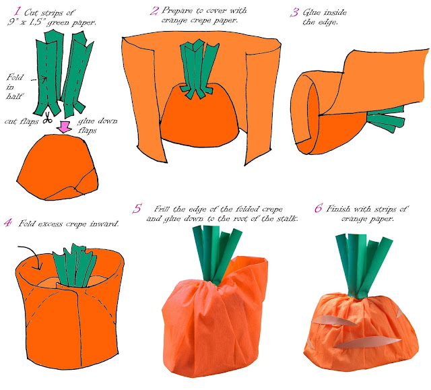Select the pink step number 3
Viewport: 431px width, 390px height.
click(294, 12)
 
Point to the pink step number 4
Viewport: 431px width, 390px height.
click(7, 222)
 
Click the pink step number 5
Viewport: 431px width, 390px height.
click(137, 209)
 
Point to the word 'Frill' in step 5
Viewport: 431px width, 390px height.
click(166, 209)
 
